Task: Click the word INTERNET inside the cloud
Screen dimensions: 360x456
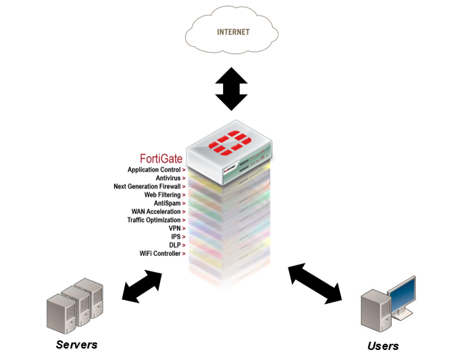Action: (233, 32)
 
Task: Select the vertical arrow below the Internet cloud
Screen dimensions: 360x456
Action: (232, 88)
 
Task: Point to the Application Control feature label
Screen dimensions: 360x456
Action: (154, 170)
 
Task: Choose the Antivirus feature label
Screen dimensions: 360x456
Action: (168, 178)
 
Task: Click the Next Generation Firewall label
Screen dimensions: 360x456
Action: (147, 186)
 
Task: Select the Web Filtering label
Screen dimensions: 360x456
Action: (162, 195)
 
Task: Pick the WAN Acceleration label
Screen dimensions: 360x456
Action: (156, 211)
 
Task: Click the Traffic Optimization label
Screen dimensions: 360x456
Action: (154, 220)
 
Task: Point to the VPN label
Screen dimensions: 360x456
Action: (174, 228)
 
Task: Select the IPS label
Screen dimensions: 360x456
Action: (176, 237)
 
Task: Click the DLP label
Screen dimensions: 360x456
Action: (175, 245)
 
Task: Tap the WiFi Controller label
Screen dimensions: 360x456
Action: (160, 254)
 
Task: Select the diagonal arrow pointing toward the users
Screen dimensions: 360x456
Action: (315, 283)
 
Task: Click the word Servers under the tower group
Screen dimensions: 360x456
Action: (76, 344)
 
